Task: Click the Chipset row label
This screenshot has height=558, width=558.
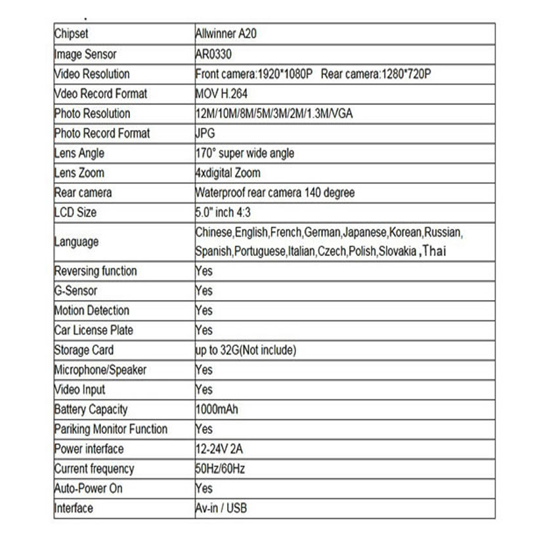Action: pos(71,34)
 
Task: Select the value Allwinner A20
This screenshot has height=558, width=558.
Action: pos(226,34)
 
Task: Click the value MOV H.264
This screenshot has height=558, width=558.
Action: pos(221,93)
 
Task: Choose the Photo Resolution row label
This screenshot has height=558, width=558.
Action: pos(92,113)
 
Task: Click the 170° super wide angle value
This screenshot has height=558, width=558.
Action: pos(245,153)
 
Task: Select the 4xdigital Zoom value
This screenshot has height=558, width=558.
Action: pos(228,173)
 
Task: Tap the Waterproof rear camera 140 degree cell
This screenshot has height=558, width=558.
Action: pos(275,192)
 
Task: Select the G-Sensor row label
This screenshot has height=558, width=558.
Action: pos(75,290)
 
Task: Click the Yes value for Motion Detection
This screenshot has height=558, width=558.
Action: pos(204,310)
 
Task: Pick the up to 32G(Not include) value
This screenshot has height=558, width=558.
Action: pos(246,350)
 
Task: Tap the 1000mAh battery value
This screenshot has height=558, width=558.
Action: pos(217,410)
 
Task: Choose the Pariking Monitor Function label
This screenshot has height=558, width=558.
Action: pos(110,429)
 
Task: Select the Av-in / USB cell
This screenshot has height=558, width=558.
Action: pos(221,508)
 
